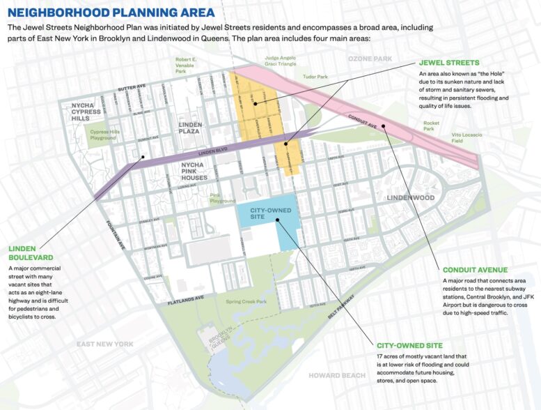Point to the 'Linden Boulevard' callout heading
click(x=31, y=253)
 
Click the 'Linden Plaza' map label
click(x=190, y=128)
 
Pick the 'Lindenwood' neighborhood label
click(x=411, y=198)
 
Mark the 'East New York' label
click(x=105, y=344)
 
